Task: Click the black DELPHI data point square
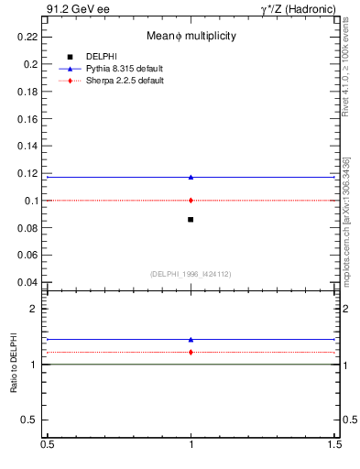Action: (191, 220)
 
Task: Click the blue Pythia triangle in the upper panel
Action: (191, 177)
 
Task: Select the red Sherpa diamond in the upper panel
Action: (191, 200)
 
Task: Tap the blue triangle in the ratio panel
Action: (191, 339)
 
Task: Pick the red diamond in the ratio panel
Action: (191, 352)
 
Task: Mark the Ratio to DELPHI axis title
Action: (15, 366)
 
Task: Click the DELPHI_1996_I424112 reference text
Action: (191, 274)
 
